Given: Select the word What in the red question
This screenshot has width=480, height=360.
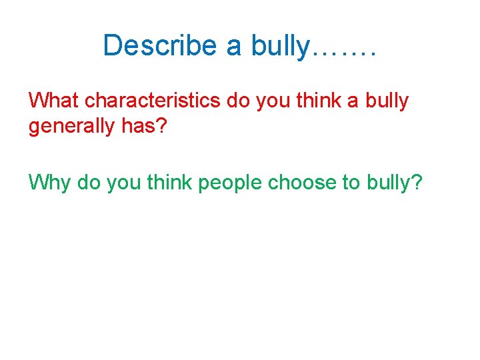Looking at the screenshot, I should [55, 101].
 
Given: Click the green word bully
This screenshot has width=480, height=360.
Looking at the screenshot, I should [389, 182].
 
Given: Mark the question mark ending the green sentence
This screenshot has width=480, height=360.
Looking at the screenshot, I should [417, 181].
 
